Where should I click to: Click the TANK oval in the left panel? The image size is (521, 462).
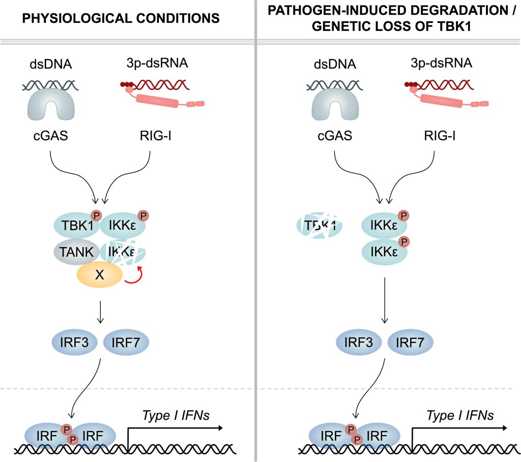click(76, 252)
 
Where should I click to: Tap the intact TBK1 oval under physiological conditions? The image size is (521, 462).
click(76, 225)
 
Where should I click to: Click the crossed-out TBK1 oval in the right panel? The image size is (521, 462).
click(320, 226)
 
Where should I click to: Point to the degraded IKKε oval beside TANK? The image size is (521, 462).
click(123, 252)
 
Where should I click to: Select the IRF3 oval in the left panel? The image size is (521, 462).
click(74, 342)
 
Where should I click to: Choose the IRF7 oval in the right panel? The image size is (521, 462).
click(410, 342)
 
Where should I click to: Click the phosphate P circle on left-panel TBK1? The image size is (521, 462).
click(96, 215)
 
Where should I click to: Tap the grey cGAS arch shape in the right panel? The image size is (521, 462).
click(335, 104)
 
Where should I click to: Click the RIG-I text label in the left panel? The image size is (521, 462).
click(156, 136)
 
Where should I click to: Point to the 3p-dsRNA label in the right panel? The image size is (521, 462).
click(441, 63)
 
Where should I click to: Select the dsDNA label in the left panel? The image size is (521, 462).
click(51, 64)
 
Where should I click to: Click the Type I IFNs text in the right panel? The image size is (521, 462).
click(460, 415)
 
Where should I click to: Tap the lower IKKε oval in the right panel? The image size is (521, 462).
click(384, 252)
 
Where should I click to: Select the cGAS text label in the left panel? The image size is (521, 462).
click(50, 136)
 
